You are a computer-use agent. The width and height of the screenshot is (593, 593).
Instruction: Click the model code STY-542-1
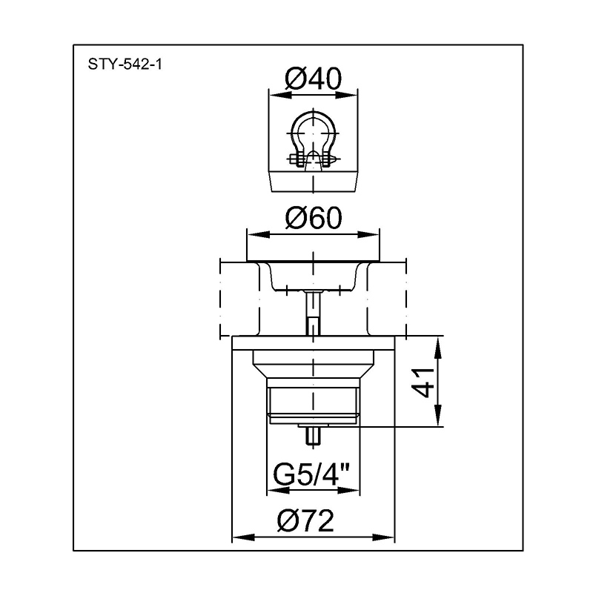tap(125, 64)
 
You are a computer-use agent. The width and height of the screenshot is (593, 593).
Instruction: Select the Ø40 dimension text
tap(313, 79)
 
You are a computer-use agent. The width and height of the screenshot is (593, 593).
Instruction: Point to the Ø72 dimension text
tap(305, 520)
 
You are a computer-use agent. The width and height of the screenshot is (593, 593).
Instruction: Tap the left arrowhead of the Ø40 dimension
tap(280, 96)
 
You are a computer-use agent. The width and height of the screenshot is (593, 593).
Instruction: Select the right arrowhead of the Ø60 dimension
tap(368, 235)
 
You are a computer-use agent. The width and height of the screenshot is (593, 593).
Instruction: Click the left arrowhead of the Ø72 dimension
tap(244, 537)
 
